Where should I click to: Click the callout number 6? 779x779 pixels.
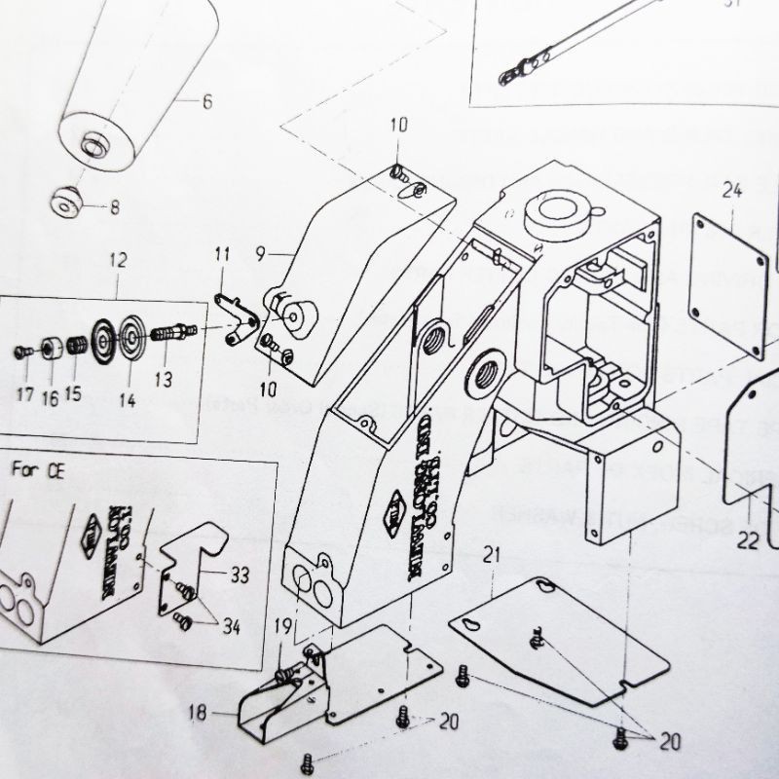205,100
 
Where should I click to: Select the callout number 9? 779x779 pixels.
261,255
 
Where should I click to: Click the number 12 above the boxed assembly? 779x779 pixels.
118,261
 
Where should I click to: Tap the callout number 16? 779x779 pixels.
50,396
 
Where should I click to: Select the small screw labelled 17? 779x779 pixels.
22,351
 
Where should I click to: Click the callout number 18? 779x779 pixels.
198,713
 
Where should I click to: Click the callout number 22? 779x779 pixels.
746,541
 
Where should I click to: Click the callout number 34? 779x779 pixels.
229,625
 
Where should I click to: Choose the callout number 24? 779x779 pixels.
733,191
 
